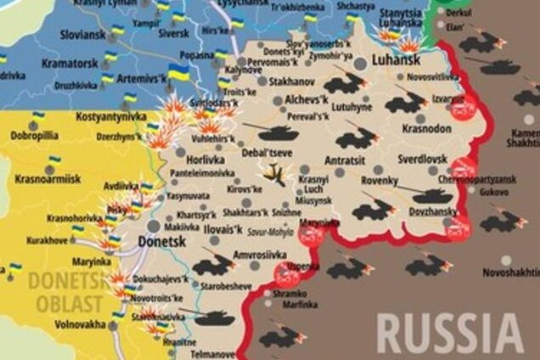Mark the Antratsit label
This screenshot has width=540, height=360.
pos(349,160)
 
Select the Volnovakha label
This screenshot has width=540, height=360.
pos(81,324)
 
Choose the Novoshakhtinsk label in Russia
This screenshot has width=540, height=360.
pos(510,272)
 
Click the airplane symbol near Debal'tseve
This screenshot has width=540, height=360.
pos(274,173)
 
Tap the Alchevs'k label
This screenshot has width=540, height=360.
pos(295,99)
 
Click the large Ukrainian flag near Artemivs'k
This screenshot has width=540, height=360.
pos(178,73)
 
